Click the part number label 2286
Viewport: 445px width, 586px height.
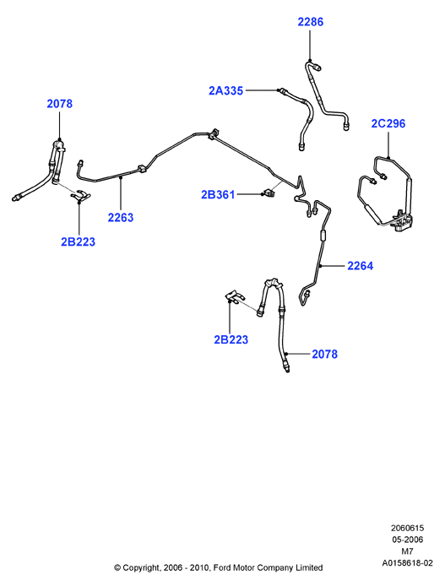point(310,22)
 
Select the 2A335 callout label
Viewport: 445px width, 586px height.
point(225,91)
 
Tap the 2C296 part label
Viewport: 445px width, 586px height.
point(388,124)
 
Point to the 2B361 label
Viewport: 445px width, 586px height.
point(218,195)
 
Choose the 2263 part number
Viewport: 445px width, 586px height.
point(121,218)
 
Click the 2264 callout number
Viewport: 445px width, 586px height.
point(361,266)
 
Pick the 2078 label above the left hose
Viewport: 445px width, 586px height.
point(59,104)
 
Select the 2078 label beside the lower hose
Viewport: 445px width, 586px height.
point(325,355)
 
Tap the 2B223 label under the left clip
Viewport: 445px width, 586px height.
point(78,242)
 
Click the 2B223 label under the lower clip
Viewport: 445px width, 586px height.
point(231,339)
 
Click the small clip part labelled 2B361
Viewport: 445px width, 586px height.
point(269,193)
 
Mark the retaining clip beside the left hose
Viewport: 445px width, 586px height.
point(81,195)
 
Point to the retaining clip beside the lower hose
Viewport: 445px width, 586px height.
point(235,296)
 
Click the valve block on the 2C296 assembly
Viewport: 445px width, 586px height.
point(404,222)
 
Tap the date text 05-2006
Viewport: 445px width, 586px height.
point(407,540)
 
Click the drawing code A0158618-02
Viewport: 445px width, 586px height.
point(407,563)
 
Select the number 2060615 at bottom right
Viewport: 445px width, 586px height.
point(407,528)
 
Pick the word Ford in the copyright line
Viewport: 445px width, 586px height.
point(222,567)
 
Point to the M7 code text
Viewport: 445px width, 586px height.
point(407,551)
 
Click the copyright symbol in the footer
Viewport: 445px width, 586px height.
point(117,568)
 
